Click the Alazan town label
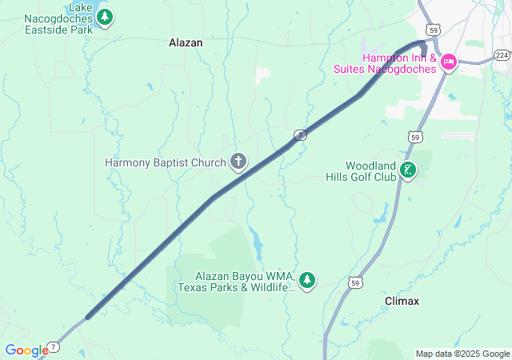[186, 43]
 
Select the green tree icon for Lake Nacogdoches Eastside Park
[105, 17]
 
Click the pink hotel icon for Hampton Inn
[448, 62]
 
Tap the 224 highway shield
[501, 54]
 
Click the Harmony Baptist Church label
[166, 162]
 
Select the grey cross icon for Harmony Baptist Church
[238, 162]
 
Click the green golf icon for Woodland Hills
[409, 170]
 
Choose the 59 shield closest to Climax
[355, 282]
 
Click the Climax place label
[402, 301]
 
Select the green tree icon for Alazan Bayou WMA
[307, 280]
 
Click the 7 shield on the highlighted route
[299, 135]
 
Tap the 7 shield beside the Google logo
[53, 346]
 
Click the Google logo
[26, 350]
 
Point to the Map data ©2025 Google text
[462, 354]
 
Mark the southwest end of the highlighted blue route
[88, 317]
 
